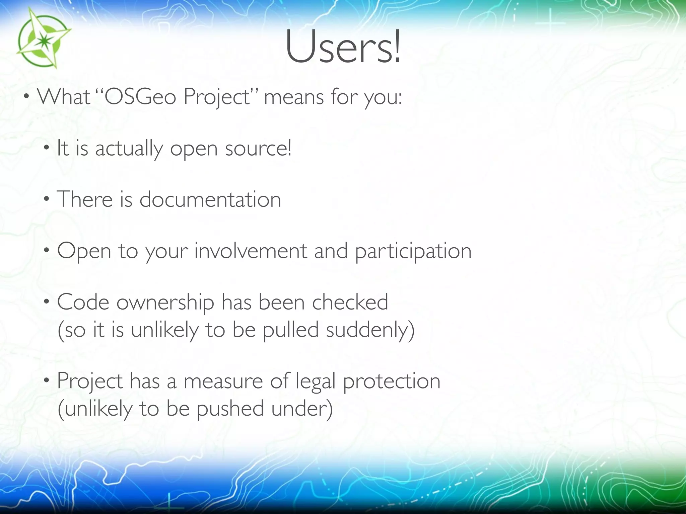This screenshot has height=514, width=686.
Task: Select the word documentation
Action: coord(210,199)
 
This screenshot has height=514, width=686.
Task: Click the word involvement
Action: coord(251,251)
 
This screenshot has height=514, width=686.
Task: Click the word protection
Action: coord(392,382)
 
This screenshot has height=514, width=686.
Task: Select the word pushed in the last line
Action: coord(230,409)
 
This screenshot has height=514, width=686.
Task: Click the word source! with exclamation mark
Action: coord(258,149)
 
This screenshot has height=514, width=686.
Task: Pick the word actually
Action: coord(129,149)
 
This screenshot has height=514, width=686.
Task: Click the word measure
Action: coord(223,381)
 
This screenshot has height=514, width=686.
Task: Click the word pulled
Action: coord(290,330)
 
